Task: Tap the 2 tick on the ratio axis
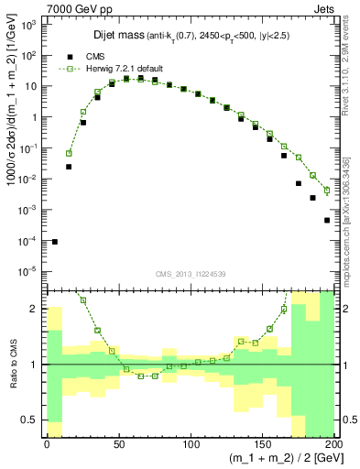tap(34, 309)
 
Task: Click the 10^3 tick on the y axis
tap(27, 25)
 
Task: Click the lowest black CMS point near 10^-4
tap(54, 242)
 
